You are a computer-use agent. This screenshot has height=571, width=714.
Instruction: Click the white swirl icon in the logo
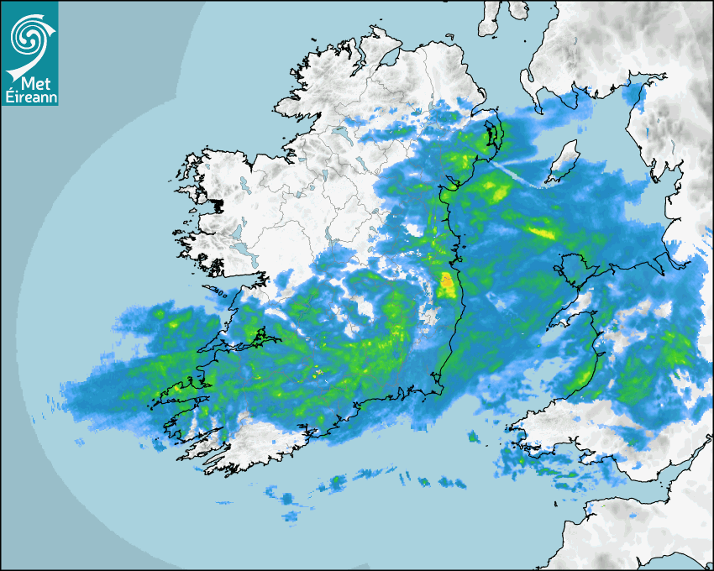pyautogui.click(x=29, y=35)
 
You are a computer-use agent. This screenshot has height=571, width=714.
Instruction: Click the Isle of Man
pyautogui.click(x=564, y=160)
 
